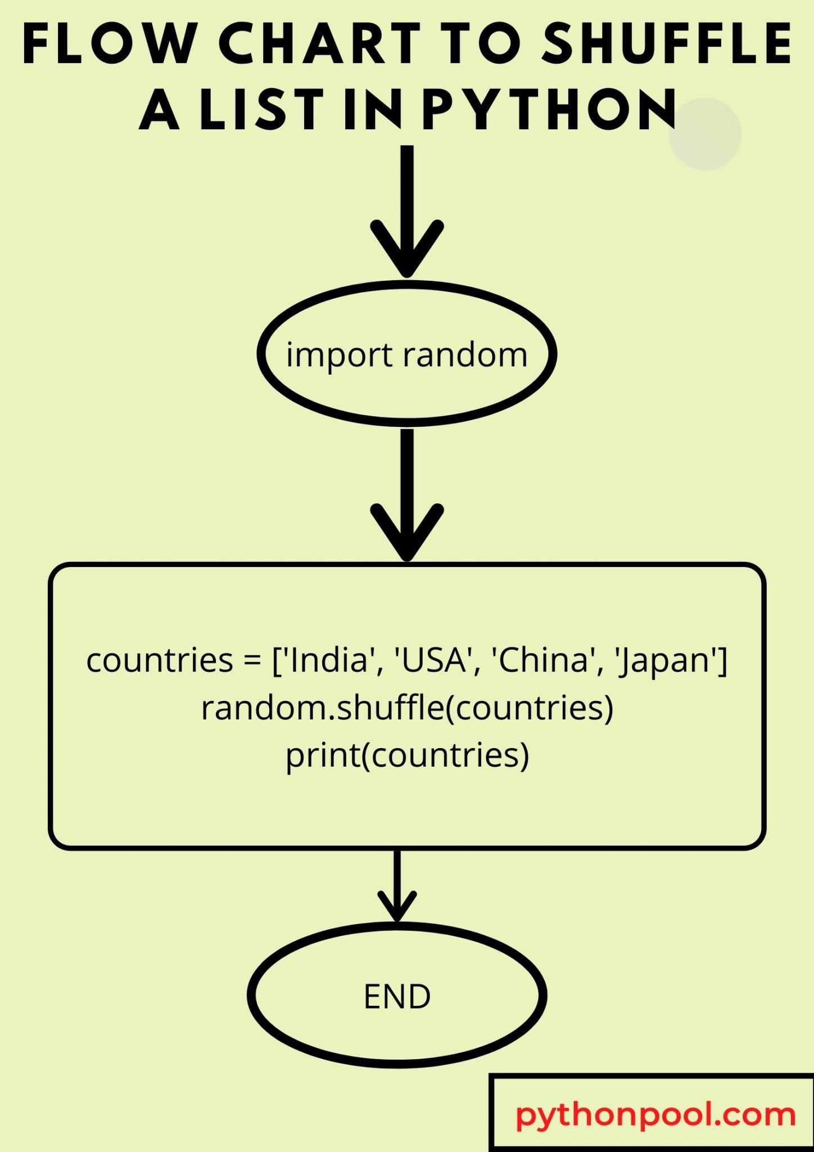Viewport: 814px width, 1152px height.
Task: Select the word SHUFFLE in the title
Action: click(x=667, y=43)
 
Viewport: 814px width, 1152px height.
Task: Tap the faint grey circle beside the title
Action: click(x=705, y=134)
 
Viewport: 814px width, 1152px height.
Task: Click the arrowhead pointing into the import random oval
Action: click(x=407, y=247)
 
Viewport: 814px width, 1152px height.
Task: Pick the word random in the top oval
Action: click(x=465, y=355)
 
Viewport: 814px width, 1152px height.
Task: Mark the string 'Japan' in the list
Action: click(x=667, y=661)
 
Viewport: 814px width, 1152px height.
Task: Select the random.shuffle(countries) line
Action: click(x=408, y=708)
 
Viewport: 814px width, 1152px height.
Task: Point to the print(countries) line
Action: click(x=408, y=755)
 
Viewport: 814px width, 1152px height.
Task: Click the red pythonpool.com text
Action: click(x=655, y=1115)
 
